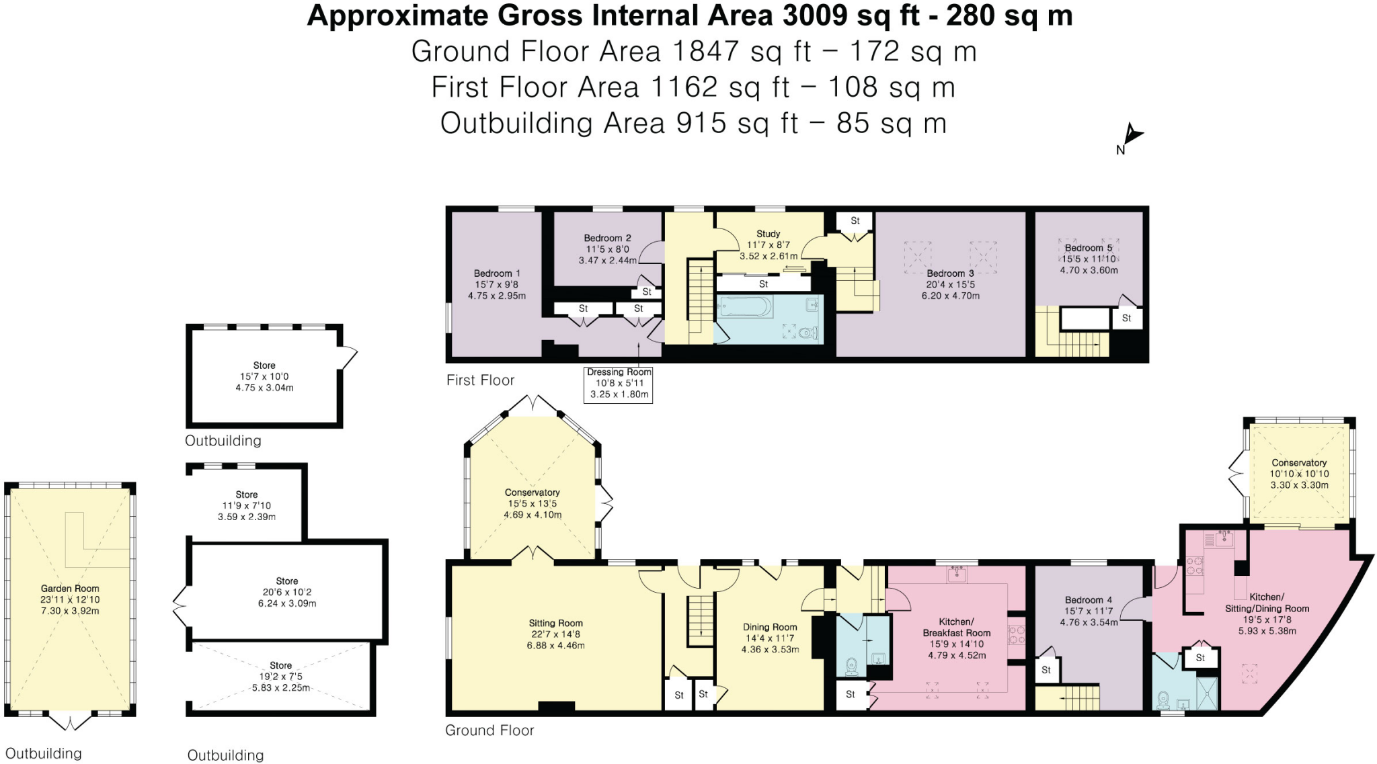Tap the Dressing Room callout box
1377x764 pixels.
pyautogui.click(x=619, y=383)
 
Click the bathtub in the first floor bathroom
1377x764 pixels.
pyautogui.click(x=745, y=308)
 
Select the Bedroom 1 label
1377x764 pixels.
pyautogui.click(x=497, y=273)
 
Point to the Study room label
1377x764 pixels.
pyautogui.click(x=768, y=234)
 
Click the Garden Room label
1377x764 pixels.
pyautogui.click(x=70, y=589)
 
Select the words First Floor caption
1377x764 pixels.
pyautogui.click(x=480, y=380)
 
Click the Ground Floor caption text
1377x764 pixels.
pyautogui.click(x=489, y=730)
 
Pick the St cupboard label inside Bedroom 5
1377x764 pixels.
pyautogui.click(x=1126, y=319)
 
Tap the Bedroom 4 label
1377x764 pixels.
pyautogui.click(x=1088, y=600)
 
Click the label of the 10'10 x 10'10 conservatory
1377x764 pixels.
pyautogui.click(x=1298, y=463)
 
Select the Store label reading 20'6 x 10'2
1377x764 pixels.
pyautogui.click(x=286, y=581)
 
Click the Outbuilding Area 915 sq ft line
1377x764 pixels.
pyautogui.click(x=693, y=124)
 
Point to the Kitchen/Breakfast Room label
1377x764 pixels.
pyautogui.click(x=956, y=627)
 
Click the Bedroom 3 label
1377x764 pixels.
pyautogui.click(x=950, y=273)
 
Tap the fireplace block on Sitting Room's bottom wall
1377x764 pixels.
pyautogui.click(x=556, y=706)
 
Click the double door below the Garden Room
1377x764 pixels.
pyautogui.click(x=70, y=722)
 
